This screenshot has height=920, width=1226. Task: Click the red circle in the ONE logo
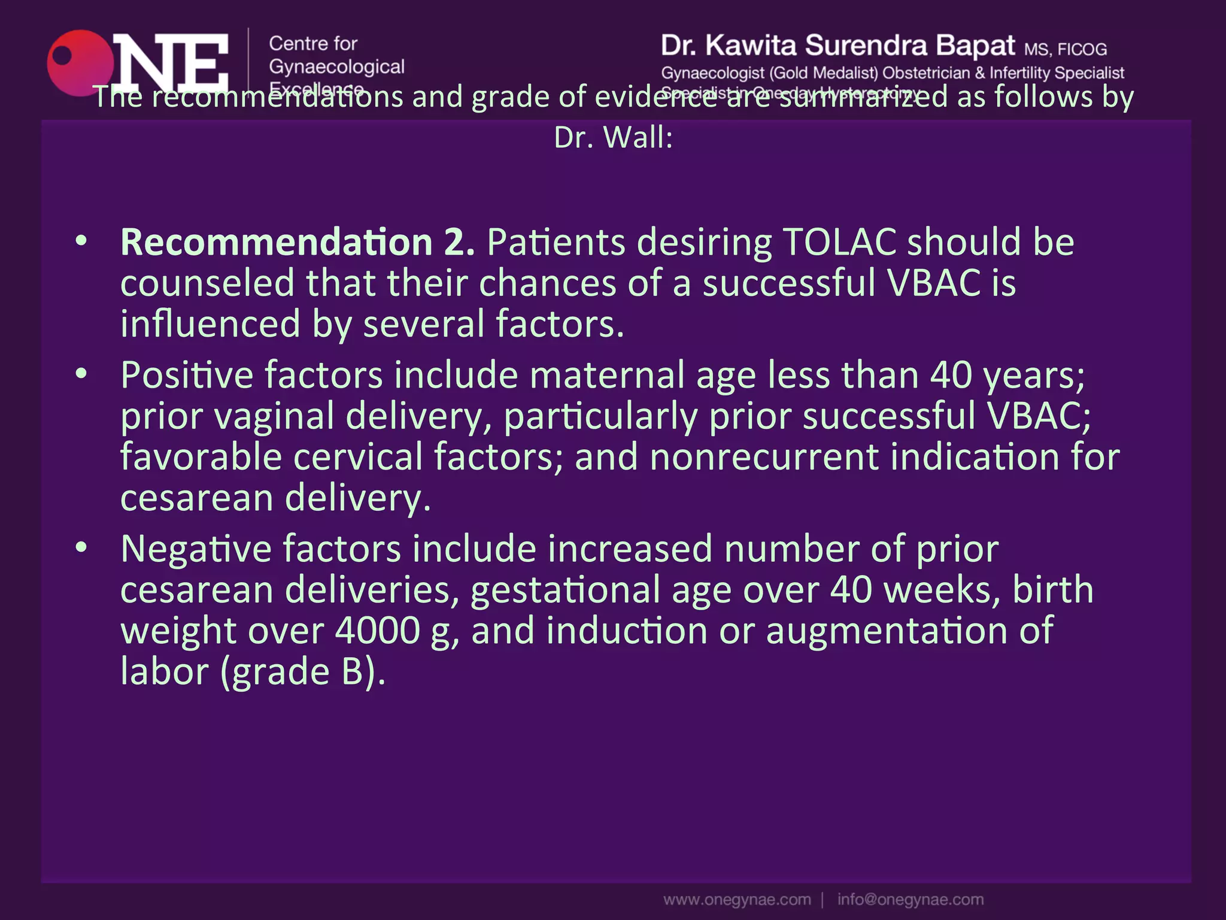pyautogui.click(x=78, y=63)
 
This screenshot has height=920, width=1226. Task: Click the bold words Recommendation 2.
pyautogui.click(x=298, y=243)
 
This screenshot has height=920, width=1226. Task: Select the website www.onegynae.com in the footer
pyautogui.click(x=737, y=900)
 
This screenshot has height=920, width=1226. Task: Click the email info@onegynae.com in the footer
pyautogui.click(x=910, y=900)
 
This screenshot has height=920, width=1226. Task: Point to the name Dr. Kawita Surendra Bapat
pyautogui.click(x=838, y=46)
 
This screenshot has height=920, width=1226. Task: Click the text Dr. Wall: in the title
pyautogui.click(x=613, y=138)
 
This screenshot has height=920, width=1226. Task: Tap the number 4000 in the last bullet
pyautogui.click(x=378, y=631)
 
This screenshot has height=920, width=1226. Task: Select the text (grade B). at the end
pyautogui.click(x=303, y=671)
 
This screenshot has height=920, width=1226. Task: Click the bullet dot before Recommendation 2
pyautogui.click(x=81, y=241)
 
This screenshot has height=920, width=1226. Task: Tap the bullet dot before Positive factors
pyautogui.click(x=81, y=374)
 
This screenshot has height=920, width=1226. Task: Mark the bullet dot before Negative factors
pyautogui.click(x=81, y=547)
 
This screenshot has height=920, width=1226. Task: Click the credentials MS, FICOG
pyautogui.click(x=1065, y=49)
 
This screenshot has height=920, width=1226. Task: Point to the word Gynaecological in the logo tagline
pyautogui.click(x=336, y=66)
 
